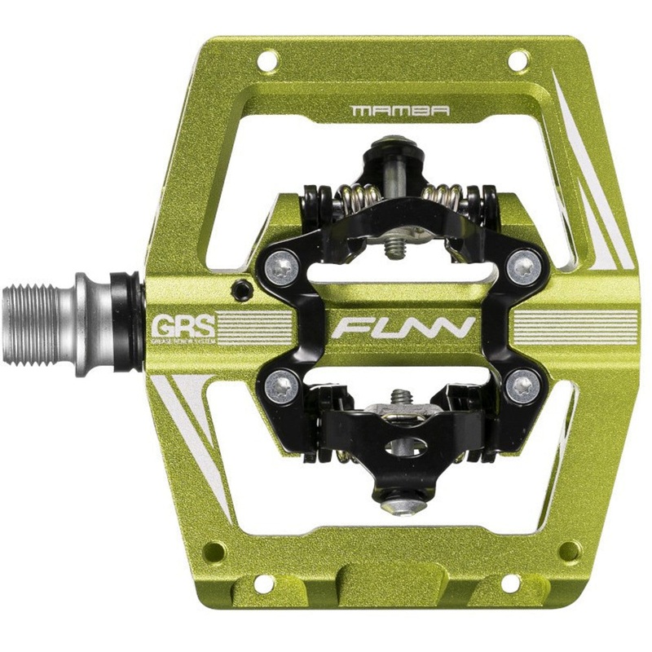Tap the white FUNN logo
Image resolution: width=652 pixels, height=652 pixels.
coord(403,328)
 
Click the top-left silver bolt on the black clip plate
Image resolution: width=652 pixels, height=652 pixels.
coord(282,267)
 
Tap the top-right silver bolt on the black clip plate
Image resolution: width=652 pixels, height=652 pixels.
coord(522,266)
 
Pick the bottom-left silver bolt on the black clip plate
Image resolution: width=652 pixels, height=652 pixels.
coord(282,382)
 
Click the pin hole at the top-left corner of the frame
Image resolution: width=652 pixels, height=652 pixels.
coord(267,60)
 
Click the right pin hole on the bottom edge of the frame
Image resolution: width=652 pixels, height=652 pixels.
coord(511,584)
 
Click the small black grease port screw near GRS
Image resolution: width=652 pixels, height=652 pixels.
coord(239,288)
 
